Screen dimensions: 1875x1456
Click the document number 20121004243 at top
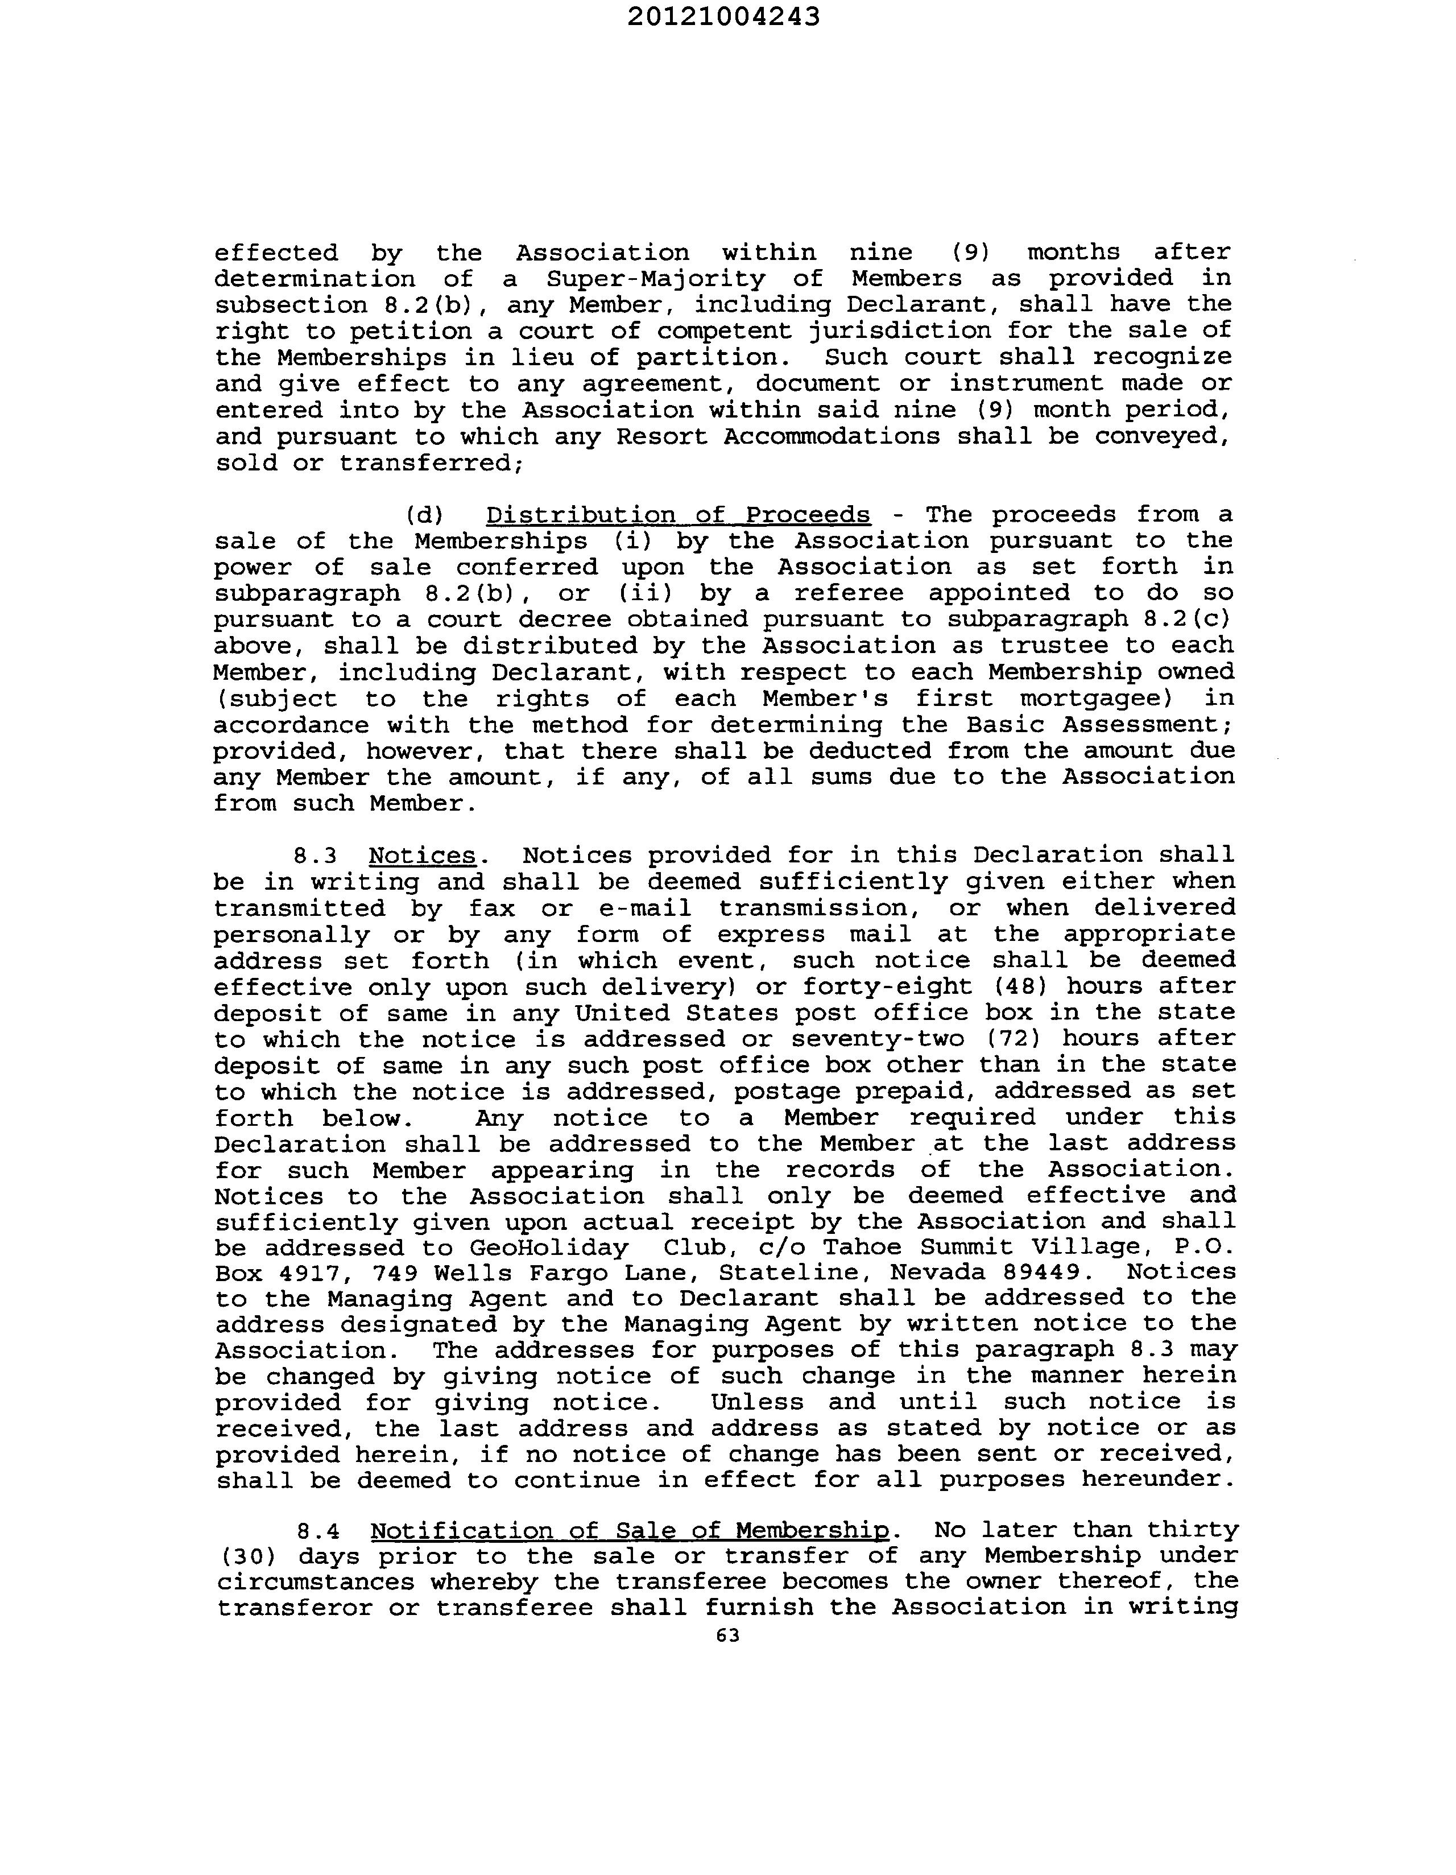click(723, 17)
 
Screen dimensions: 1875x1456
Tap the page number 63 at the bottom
click(727, 1636)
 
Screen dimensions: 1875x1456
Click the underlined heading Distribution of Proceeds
click(677, 514)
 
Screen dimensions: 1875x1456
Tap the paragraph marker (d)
click(424, 515)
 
